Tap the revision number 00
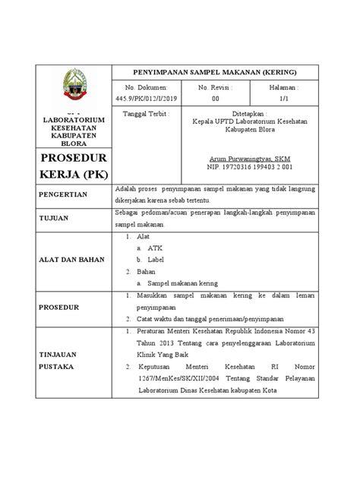216,98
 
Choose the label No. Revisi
216,87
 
